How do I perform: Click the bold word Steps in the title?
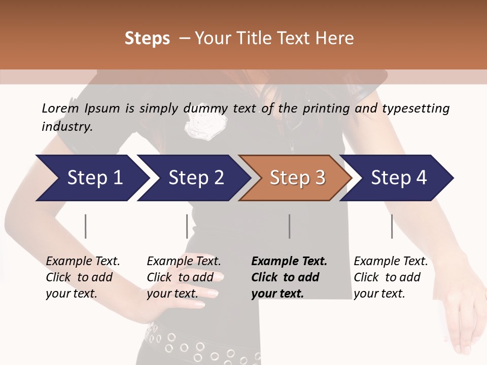pos(147,39)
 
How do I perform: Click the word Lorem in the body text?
pos(60,108)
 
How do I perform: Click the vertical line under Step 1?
pos(86,226)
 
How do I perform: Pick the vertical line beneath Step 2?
pos(187,226)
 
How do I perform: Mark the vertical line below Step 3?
pos(290,226)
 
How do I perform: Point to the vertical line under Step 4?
pos(392,226)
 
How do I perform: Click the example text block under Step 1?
pos(83,277)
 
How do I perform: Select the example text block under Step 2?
pos(184,277)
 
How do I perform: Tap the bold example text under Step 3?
pos(289,277)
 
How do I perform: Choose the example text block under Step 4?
pos(391,277)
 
